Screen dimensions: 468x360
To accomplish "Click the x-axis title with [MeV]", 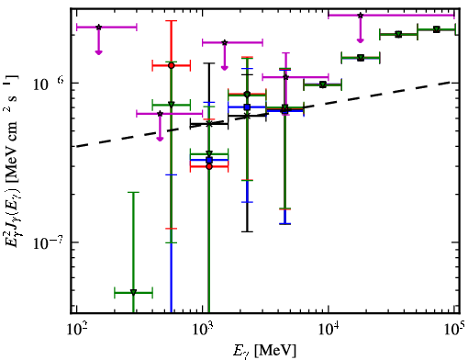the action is click(264, 350).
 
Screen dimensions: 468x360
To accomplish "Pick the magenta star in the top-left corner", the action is click(98, 28).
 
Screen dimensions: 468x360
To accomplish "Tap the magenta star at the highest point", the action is click(361, 15).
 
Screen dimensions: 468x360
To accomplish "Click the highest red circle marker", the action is click(172, 65).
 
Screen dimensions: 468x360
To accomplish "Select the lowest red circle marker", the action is click(209, 166).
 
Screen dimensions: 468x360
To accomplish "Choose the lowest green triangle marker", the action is click(133, 292).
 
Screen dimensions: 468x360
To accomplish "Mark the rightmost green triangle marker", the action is click(437, 29).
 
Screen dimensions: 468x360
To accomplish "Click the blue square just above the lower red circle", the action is click(209, 160).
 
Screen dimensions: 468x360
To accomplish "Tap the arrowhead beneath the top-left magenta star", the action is click(98, 52).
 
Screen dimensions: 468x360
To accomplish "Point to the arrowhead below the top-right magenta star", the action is click(361, 40).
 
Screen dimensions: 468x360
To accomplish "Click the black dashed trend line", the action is click(263, 115).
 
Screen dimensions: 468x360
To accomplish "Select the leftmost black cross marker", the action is click(209, 124).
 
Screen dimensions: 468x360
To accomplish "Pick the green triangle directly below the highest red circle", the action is click(172, 105).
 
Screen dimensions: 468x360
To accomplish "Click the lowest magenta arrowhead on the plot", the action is click(160, 139).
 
